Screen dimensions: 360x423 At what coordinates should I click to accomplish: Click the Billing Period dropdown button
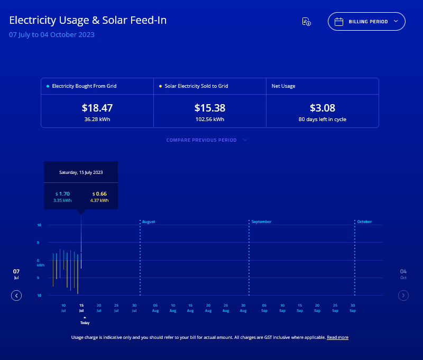click(x=366, y=22)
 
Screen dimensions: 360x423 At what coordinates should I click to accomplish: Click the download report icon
click(x=306, y=22)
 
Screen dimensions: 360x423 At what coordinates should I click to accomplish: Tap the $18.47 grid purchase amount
click(x=97, y=108)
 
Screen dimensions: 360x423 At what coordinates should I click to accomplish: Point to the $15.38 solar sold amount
click(x=210, y=108)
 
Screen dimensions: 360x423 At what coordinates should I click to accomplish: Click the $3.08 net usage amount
click(x=322, y=108)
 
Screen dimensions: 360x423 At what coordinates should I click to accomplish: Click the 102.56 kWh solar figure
click(x=210, y=119)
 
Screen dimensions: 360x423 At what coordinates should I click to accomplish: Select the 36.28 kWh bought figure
click(x=97, y=119)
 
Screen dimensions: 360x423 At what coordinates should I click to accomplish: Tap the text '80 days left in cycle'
click(x=322, y=119)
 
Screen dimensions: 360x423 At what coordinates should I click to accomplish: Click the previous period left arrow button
click(x=16, y=296)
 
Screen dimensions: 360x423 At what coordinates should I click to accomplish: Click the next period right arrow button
click(x=403, y=296)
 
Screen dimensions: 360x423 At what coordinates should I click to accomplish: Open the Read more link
click(x=337, y=337)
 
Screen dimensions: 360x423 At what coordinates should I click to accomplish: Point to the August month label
click(x=149, y=222)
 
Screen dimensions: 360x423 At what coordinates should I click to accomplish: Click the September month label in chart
click(x=261, y=222)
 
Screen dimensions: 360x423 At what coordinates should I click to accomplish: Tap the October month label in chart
click(x=365, y=222)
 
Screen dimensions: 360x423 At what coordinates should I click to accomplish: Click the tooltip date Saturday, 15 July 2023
click(x=81, y=172)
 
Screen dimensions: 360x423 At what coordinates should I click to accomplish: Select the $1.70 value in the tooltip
click(x=63, y=194)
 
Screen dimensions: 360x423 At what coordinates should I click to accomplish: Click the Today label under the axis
click(x=85, y=322)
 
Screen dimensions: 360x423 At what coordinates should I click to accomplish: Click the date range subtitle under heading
click(x=52, y=35)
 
